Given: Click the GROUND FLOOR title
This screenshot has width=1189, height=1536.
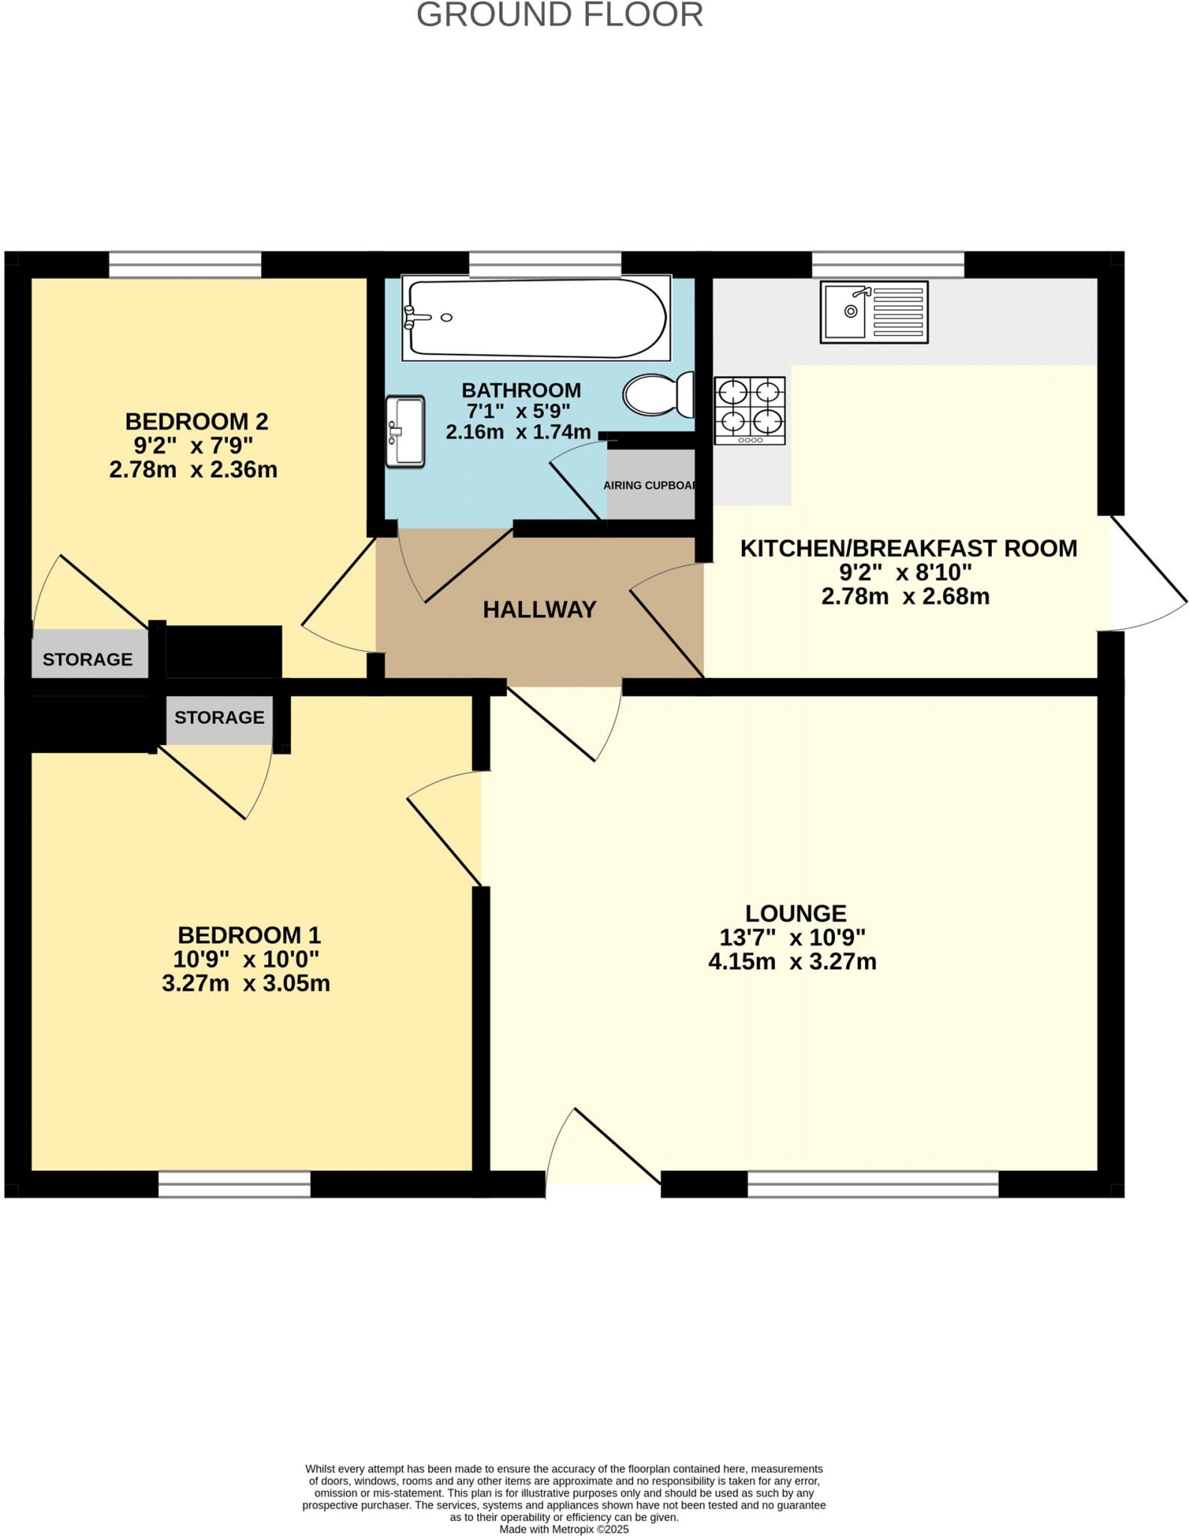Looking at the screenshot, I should click(x=560, y=16).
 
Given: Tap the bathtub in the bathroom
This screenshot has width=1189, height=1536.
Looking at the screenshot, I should click(x=536, y=318).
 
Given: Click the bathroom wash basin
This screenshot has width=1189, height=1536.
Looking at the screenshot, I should click(x=405, y=431).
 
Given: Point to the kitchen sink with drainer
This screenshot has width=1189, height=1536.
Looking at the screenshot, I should click(x=874, y=312).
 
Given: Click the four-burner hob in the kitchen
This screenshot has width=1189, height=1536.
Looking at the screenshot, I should click(x=749, y=410).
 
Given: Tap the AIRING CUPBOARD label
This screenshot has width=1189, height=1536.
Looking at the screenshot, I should click(x=650, y=485).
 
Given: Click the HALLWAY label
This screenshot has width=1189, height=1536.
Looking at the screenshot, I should click(x=539, y=610).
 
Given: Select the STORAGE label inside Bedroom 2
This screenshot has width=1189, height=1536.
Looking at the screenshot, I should click(x=88, y=659).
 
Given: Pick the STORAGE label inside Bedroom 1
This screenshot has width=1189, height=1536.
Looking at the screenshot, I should click(x=219, y=718).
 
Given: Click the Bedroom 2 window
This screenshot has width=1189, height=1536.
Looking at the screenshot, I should click(x=185, y=265).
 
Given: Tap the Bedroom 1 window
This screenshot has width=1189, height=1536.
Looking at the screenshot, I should click(x=235, y=1184).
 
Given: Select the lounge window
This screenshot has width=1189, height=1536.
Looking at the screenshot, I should click(x=872, y=1184).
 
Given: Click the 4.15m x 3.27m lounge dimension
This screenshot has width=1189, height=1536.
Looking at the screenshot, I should click(x=792, y=961).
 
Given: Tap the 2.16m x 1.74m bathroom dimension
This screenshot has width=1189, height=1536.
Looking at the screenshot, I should click(x=518, y=433).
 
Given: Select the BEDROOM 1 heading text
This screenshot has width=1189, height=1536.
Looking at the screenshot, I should click(x=249, y=935).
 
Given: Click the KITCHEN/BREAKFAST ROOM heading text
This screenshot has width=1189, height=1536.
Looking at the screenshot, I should click(x=908, y=549).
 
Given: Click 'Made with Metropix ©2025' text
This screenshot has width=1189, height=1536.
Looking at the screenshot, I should click(x=563, y=1529).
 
